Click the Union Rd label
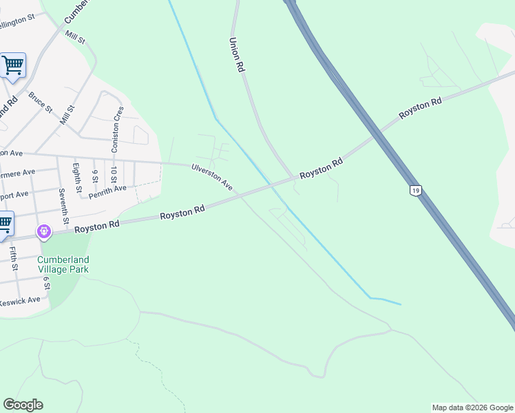tap(237, 55)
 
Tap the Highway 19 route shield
tap(414, 189)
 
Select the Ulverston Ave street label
tap(212, 177)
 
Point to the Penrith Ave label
tap(107, 189)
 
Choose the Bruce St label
tap(40, 102)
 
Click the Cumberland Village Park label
tap(63, 264)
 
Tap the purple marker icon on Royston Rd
tap(45, 232)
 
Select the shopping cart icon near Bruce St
tap(12, 66)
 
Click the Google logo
tap(23, 405)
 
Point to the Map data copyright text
tap(472, 407)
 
